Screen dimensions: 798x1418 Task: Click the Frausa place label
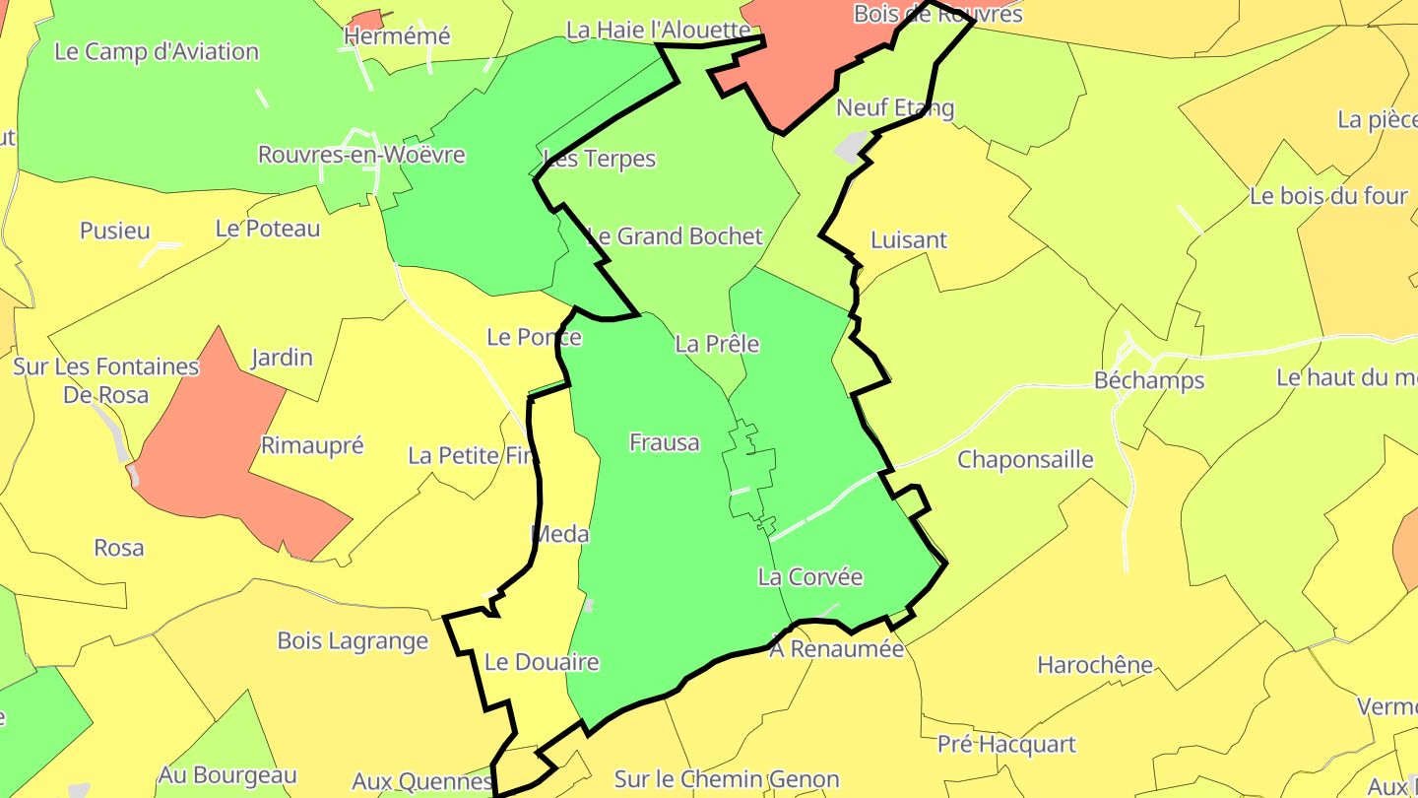tap(665, 443)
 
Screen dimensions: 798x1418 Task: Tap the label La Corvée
tap(809, 577)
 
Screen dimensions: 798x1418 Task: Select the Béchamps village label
tap(1149, 380)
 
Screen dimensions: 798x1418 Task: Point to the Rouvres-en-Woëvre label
tap(361, 155)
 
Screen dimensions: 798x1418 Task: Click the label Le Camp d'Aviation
tap(157, 52)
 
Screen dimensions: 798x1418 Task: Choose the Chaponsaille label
tap(1025, 460)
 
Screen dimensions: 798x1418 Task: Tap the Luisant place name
tap(909, 240)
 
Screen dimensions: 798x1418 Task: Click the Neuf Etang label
tap(895, 107)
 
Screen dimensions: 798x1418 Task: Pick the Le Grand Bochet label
tap(675, 236)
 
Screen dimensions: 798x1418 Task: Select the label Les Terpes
tap(600, 159)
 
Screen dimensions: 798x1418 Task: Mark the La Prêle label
tap(717, 344)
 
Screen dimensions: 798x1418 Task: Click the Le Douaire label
tap(543, 662)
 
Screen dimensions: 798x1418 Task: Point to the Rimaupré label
tap(312, 445)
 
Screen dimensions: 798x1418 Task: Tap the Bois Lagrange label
tap(353, 641)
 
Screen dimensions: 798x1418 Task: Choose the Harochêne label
tap(1095, 665)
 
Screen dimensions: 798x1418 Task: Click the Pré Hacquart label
tap(1006, 745)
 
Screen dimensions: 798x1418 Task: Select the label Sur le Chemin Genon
tap(727, 780)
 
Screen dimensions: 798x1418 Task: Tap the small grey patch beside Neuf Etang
tap(850, 147)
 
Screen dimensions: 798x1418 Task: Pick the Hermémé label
tap(397, 36)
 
